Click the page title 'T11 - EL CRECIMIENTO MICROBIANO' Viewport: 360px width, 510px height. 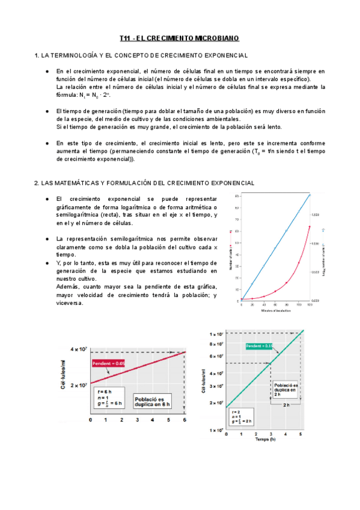pyautogui.click(x=179, y=38)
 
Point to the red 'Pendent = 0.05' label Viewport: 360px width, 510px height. pyautogui.click(x=109, y=363)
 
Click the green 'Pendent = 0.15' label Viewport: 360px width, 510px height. pyautogui.click(x=259, y=346)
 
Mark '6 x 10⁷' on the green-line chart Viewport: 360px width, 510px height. pyautogui.click(x=216, y=357)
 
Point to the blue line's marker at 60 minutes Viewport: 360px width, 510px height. pyautogui.click(x=275, y=248)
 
